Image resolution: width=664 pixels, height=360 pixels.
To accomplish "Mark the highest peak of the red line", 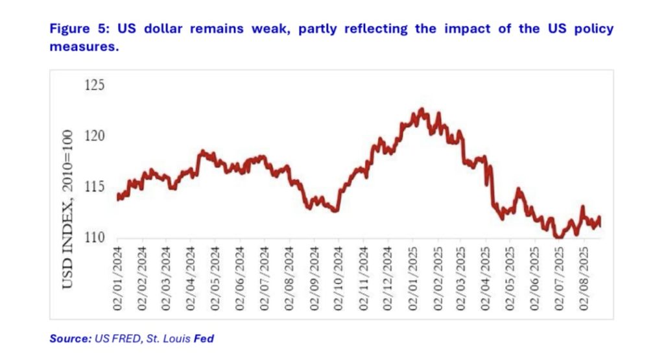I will pyautogui.click(x=421, y=110).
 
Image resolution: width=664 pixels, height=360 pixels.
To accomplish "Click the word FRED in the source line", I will pyautogui.click(x=126, y=339).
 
